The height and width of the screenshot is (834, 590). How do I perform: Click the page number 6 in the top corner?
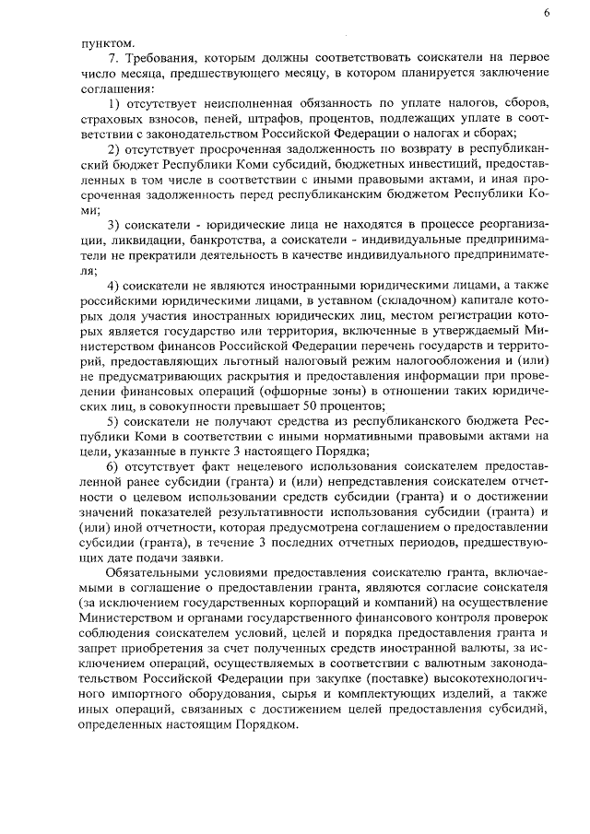click(547, 12)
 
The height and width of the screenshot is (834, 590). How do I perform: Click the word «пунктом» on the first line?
click(106, 41)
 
